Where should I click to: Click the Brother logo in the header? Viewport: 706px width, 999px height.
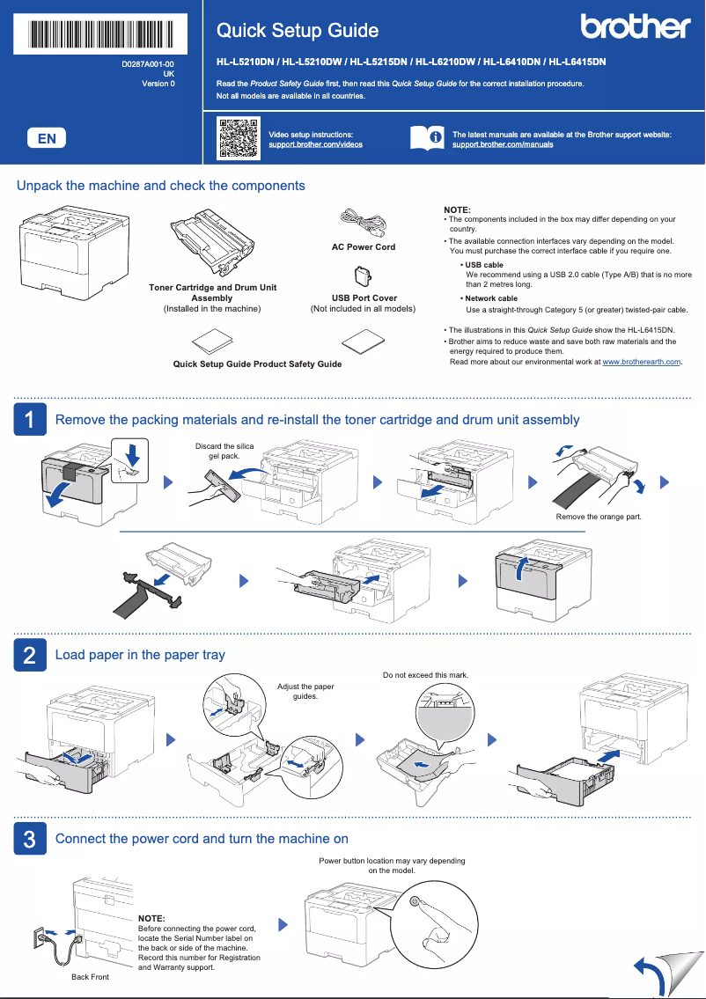tap(635, 27)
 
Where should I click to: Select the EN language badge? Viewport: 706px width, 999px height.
tap(47, 138)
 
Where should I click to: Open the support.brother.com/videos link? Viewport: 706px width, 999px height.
tap(315, 144)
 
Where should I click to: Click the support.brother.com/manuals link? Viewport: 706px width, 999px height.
tap(503, 144)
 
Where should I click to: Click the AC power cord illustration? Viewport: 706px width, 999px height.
tap(362, 223)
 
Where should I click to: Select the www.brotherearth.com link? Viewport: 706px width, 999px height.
tap(641, 362)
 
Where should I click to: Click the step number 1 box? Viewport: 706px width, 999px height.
tap(30, 420)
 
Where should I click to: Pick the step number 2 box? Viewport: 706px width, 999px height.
tap(30, 655)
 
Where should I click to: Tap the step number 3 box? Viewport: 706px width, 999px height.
tap(30, 839)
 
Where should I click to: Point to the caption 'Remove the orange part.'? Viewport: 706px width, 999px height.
tap(599, 517)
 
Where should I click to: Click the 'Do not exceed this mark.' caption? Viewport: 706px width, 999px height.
tap(426, 675)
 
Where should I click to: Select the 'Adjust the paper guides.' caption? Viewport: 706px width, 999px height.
tap(305, 691)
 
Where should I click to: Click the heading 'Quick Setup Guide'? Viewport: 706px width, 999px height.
tap(298, 31)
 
